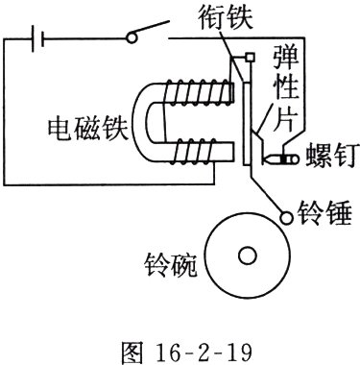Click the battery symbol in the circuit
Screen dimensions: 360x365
pyautogui.click(x=37, y=38)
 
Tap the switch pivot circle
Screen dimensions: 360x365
pyautogui.click(x=132, y=37)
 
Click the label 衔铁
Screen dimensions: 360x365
pyautogui.click(x=226, y=17)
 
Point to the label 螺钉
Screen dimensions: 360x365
pyautogui.click(x=330, y=156)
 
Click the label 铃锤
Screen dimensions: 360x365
pyautogui.click(x=324, y=213)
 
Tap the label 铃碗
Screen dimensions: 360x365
pyautogui.click(x=170, y=265)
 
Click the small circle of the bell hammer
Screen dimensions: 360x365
pyautogui.click(x=286, y=218)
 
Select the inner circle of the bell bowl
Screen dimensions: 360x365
pyautogui.click(x=248, y=255)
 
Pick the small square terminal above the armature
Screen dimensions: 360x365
pyautogui.click(x=250, y=58)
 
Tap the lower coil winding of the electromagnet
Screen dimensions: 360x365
pyautogui.click(x=194, y=151)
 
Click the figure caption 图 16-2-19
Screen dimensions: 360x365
pyautogui.click(x=187, y=353)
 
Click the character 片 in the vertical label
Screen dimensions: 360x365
pyautogui.click(x=284, y=118)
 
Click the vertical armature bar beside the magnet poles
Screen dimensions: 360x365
pyautogui.click(x=247, y=124)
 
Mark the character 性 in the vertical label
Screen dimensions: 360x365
pyautogui.click(x=286, y=87)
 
